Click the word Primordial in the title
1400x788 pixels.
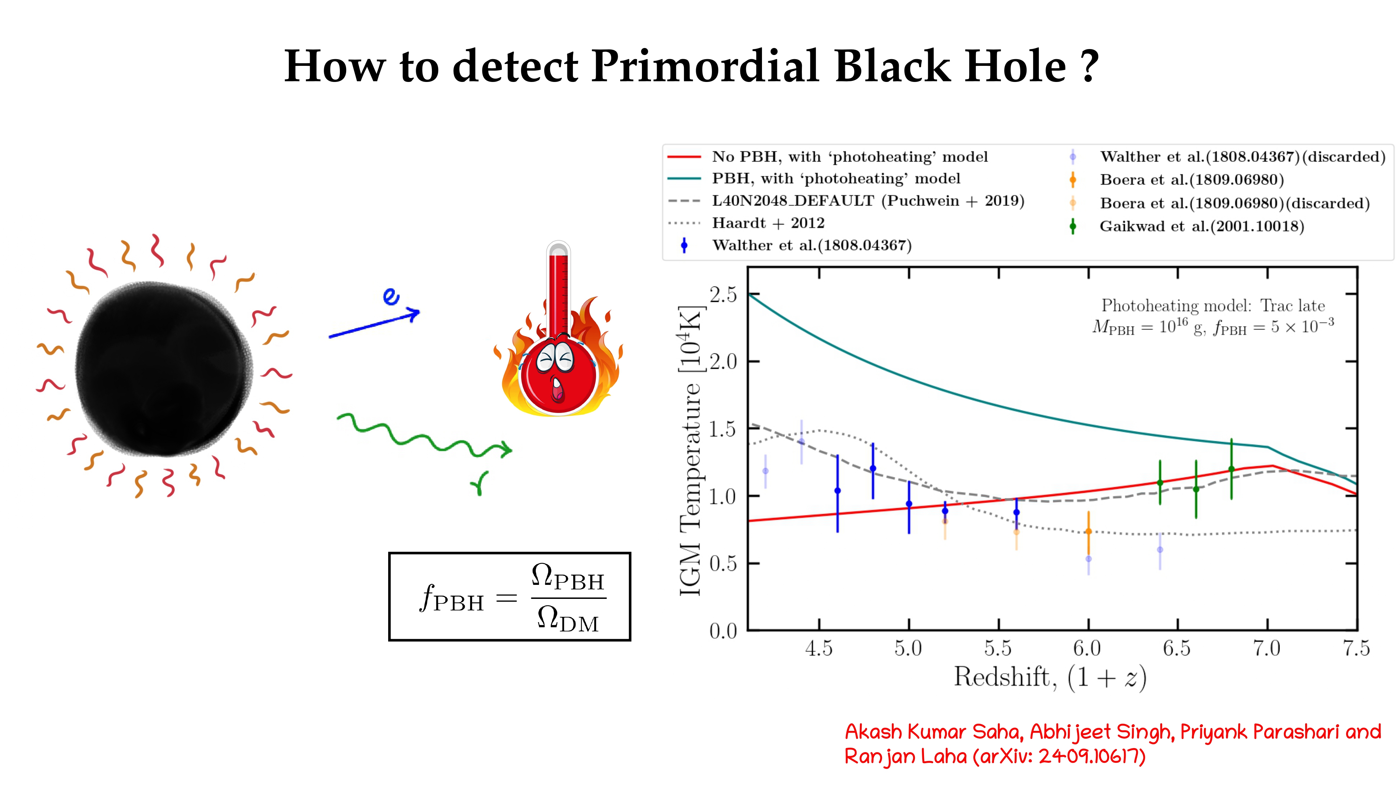705,66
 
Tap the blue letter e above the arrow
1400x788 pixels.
391,296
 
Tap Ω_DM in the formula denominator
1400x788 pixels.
568,620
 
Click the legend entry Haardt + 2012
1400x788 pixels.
768,223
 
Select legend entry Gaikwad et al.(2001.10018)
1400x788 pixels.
1201,226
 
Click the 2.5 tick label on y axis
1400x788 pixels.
723,295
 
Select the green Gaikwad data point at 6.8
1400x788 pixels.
1232,469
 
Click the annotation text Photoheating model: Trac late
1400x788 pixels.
1213,306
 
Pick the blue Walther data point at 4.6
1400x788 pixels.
838,491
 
